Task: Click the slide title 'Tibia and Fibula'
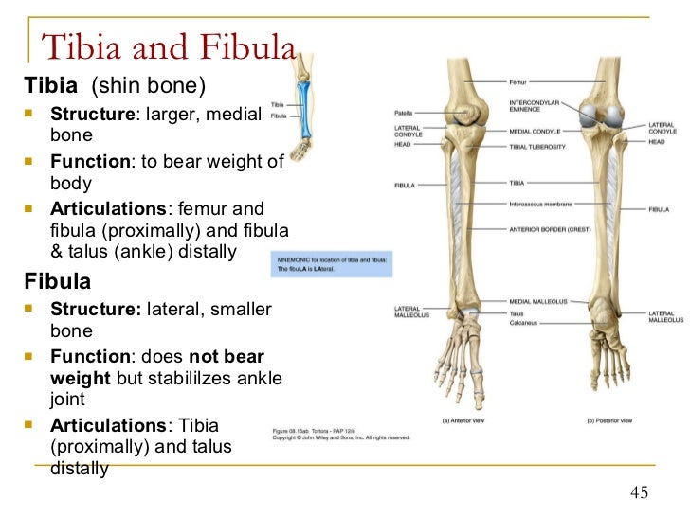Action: tap(170, 47)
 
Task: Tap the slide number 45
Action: tap(640, 492)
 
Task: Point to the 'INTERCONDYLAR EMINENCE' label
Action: tap(535, 105)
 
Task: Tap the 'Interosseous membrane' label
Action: tap(539, 203)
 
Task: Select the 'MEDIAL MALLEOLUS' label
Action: tap(537, 301)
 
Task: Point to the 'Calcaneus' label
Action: tap(522, 323)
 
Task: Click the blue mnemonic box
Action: tap(331, 263)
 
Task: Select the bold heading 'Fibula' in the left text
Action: tap(58, 281)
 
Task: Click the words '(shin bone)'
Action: tap(148, 86)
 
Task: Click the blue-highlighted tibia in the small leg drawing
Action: tap(304, 110)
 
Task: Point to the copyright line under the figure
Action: tap(341, 437)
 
